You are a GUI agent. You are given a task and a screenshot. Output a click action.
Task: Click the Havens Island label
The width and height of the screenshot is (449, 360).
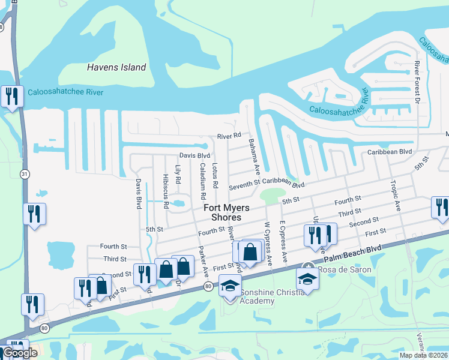pos(116,67)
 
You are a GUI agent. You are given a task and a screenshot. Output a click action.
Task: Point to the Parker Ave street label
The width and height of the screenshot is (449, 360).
pos(203,260)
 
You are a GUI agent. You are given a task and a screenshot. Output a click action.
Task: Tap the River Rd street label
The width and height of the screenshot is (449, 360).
pos(229,136)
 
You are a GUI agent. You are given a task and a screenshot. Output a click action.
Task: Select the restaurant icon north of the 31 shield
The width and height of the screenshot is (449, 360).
pos(12,96)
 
